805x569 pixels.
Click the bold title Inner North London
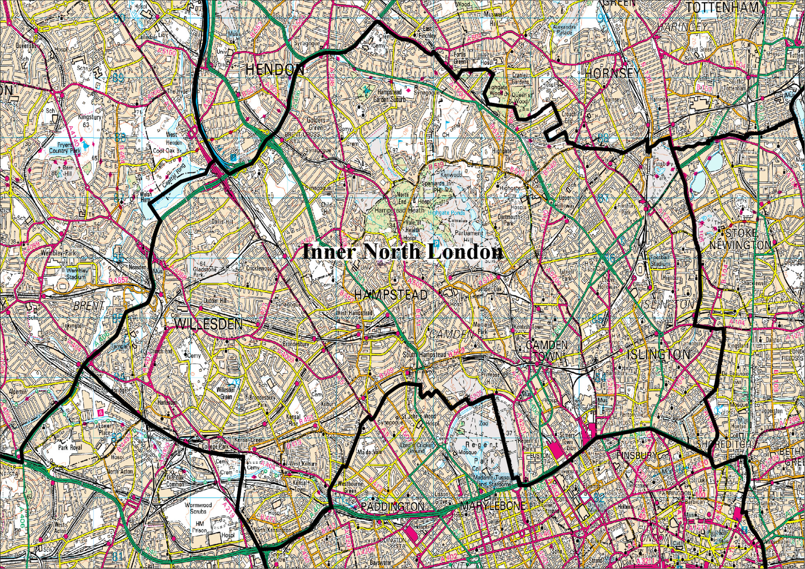(x=402, y=252)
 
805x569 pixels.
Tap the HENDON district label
(x=274, y=70)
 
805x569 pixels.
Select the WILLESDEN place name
(x=208, y=324)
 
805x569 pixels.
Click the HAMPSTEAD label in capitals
(x=391, y=295)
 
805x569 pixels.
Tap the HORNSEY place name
(x=612, y=73)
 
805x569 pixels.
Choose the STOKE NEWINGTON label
(x=741, y=239)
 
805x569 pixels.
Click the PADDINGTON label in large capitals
(x=392, y=507)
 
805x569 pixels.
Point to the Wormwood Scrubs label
(x=198, y=508)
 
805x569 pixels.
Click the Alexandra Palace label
(x=564, y=29)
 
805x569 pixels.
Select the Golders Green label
(x=316, y=123)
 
